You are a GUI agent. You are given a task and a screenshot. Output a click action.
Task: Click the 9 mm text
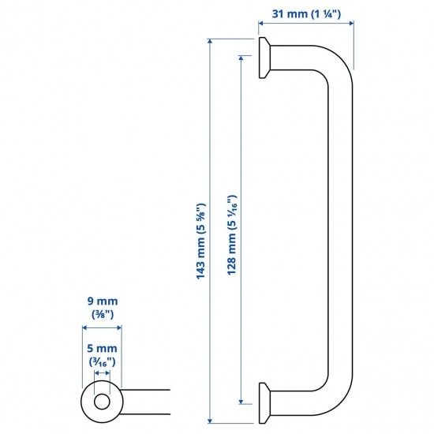[101, 301]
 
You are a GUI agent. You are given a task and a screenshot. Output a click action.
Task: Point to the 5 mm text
[101, 347]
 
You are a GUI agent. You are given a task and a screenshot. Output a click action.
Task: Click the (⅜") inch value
[101, 314]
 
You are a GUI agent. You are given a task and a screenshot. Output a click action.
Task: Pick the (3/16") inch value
[101, 361]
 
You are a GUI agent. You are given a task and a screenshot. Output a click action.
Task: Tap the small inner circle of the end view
[101, 401]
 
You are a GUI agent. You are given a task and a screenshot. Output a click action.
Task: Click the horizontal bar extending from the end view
[146, 401]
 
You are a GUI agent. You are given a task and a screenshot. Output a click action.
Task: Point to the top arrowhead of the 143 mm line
[210, 39]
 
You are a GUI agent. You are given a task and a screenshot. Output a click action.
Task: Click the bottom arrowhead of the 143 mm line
[210, 421]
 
